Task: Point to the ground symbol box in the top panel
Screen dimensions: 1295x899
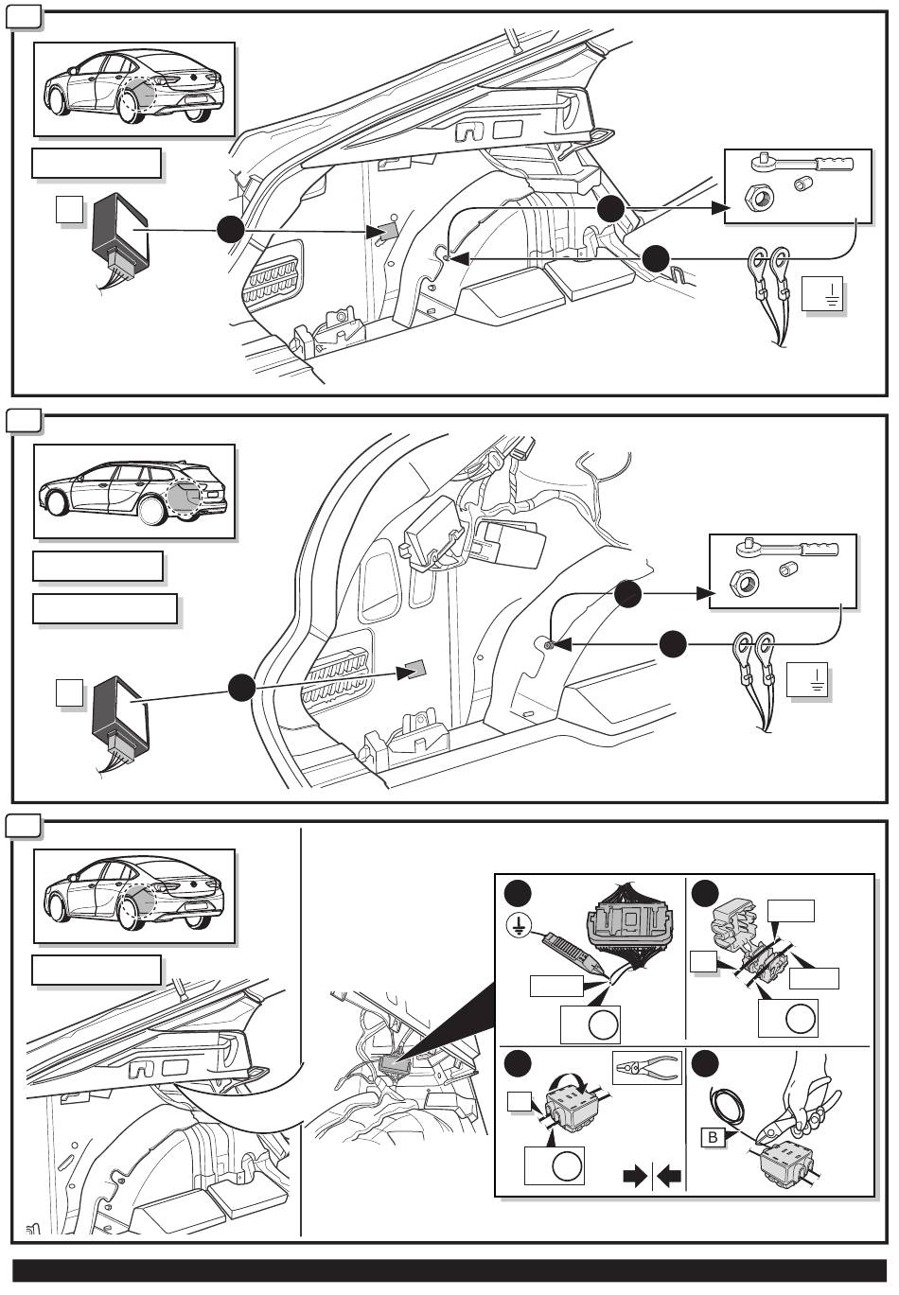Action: coord(821,296)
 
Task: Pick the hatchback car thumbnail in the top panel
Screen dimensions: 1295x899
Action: coord(133,90)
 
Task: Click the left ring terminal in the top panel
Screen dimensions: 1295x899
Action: coord(757,260)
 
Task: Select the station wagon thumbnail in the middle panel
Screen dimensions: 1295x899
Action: coord(133,492)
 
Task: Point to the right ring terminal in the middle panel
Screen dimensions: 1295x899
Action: coord(767,649)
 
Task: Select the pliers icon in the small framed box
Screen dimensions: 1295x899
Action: coord(647,1068)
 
